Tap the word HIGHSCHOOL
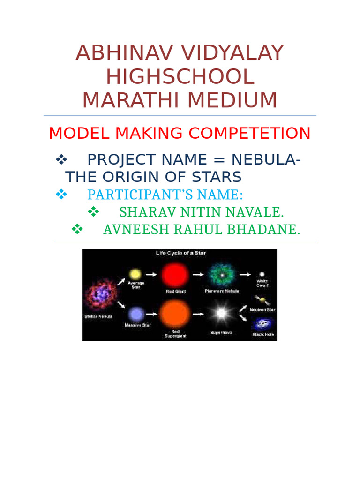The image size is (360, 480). (180, 76)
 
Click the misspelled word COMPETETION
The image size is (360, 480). (249, 134)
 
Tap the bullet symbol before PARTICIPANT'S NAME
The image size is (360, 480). (61, 194)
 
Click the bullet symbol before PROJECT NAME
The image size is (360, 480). (61, 160)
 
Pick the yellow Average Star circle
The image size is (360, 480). (135, 274)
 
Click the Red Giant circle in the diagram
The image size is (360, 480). (175, 275)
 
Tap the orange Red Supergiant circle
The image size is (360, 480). (175, 314)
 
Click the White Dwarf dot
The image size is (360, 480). (262, 274)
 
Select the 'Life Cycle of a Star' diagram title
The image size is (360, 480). (181, 254)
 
